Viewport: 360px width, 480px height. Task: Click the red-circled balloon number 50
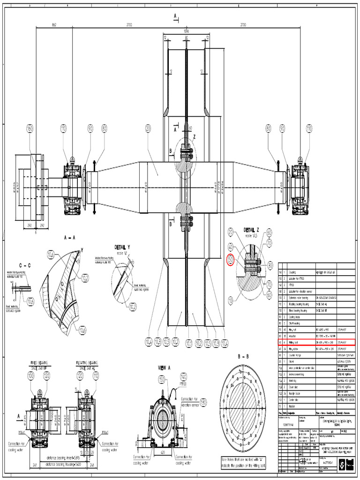coord(230,259)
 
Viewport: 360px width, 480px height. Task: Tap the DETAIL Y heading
coord(122,247)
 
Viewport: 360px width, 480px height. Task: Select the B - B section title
coord(242,356)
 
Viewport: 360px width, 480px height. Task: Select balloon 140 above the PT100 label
coord(183,376)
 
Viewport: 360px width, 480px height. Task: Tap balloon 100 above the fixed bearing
coord(31,376)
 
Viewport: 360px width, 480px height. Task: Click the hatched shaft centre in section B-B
coord(242,406)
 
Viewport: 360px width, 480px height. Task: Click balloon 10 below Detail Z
coord(230,299)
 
